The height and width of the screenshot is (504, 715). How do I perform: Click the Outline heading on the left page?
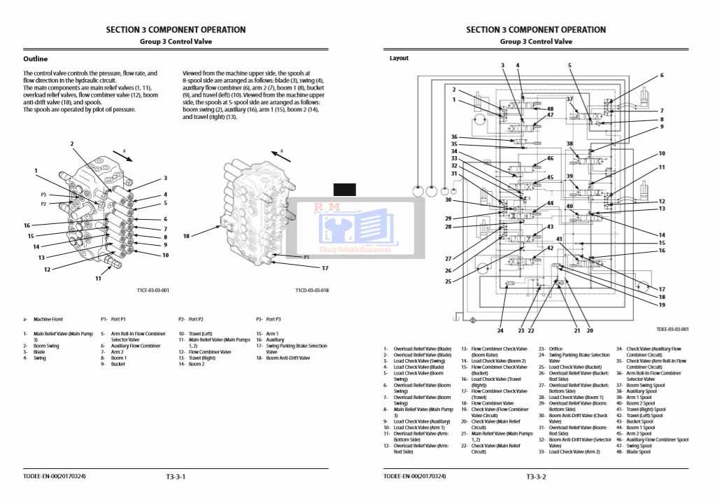[36, 59]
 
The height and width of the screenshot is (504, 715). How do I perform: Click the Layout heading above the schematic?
[399, 58]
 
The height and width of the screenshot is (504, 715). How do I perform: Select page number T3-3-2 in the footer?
[536, 477]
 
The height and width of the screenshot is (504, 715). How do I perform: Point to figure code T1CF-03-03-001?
[152, 290]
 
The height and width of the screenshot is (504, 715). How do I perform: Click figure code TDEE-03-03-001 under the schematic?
[672, 329]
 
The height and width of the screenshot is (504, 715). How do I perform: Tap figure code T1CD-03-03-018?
[311, 290]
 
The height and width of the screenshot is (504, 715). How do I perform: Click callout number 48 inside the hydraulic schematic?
[550, 109]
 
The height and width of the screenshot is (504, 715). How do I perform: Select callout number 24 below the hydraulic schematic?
[500, 330]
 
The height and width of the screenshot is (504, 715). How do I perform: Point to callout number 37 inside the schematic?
[569, 99]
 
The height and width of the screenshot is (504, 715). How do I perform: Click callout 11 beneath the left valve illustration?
[98, 279]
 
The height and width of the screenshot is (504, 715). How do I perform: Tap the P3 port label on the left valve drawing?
[43, 195]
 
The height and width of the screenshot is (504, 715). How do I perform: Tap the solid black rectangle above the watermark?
[344, 189]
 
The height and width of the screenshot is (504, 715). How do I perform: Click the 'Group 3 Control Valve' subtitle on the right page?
[536, 41]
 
